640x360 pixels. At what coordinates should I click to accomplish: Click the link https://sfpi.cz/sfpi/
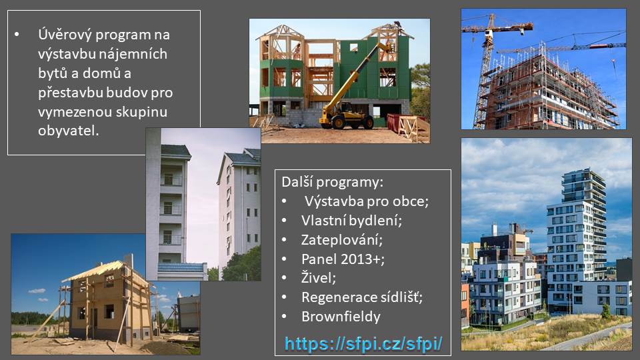pos(363,344)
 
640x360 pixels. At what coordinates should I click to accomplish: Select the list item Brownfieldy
pos(341,317)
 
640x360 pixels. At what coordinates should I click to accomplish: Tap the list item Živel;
pos(319,278)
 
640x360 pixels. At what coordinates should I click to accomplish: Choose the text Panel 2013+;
pos(343,259)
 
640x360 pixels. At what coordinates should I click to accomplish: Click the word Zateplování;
pos(342,240)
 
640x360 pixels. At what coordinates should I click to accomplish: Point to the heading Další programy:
pos(332,182)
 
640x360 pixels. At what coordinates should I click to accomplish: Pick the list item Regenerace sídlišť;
pos(362,297)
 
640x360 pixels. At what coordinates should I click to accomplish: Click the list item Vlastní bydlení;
pos(351,221)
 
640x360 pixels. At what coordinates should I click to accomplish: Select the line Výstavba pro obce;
pos(367,201)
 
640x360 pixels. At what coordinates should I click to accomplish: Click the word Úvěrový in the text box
pos(65,35)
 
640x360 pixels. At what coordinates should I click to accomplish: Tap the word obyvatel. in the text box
pos(68,131)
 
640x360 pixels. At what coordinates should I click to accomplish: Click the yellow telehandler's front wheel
pos(339,121)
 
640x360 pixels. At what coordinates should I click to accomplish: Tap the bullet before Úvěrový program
pos(17,35)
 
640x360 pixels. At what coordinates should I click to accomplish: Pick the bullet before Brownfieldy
pos(285,317)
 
